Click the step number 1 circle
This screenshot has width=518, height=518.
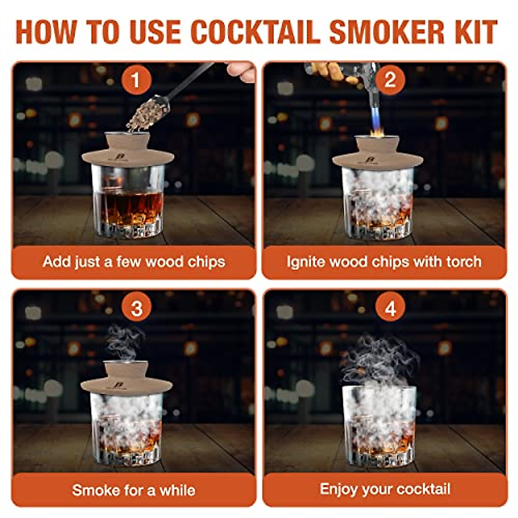point(136,80)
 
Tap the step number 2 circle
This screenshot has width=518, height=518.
point(390,80)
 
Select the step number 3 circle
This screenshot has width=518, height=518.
point(136,309)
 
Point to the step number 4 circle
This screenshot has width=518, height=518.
point(390,309)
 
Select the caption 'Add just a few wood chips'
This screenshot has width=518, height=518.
point(134,262)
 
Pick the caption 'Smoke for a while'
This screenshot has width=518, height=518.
point(134,490)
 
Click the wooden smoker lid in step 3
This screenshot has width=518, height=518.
point(126,382)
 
